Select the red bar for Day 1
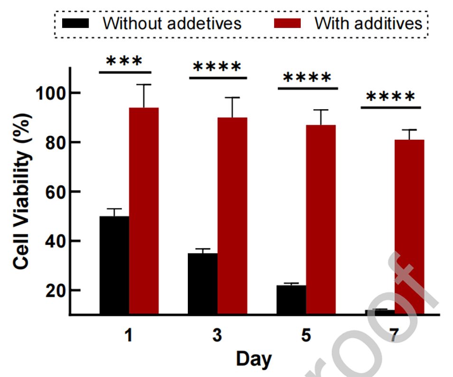point(144,211)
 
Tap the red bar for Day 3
point(232,216)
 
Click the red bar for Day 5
point(321,219)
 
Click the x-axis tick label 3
point(217,336)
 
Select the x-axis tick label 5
point(306,336)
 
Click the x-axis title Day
point(254,359)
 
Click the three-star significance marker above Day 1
point(124,61)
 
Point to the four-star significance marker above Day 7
point(390,97)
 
